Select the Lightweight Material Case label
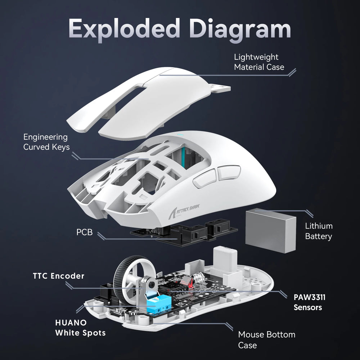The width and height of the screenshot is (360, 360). [x=259, y=62]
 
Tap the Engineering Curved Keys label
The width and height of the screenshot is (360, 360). [x=46, y=142]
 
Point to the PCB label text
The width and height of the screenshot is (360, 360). [x=84, y=232]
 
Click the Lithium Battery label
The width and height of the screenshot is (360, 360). [x=319, y=231]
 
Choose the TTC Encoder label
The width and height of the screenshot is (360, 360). [x=58, y=276]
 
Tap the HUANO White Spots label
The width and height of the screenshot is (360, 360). [x=80, y=328]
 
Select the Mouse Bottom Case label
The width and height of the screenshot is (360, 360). [x=266, y=339]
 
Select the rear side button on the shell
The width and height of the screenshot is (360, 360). [x=229, y=172]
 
